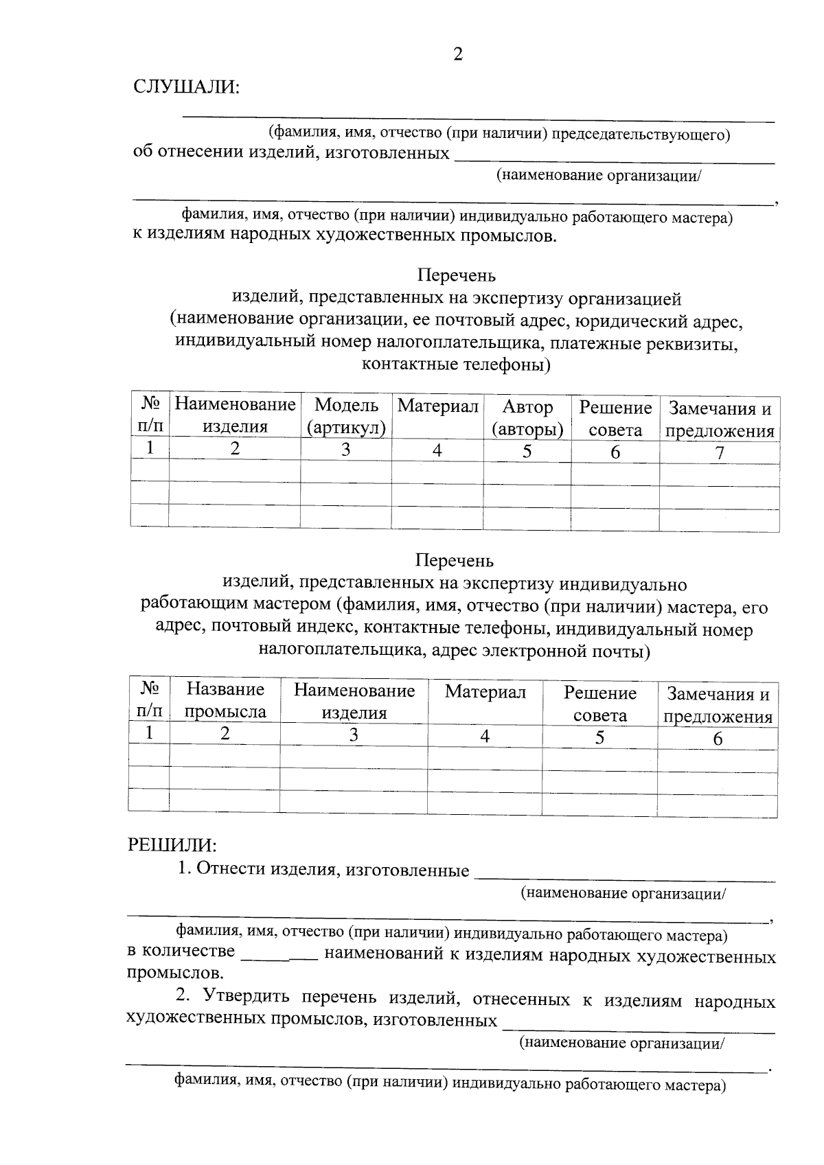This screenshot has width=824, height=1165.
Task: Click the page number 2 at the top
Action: (458, 54)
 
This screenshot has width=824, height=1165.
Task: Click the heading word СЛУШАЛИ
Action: (186, 87)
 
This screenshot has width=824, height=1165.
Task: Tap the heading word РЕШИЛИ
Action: (172, 844)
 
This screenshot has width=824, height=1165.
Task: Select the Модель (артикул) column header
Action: (346, 417)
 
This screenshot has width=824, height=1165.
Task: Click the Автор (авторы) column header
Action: (527, 418)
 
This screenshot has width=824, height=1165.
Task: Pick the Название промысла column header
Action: (225, 700)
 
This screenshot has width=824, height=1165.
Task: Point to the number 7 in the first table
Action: (719, 453)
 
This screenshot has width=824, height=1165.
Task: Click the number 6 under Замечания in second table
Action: (718, 739)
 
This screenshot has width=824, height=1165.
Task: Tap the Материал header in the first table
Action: (437, 406)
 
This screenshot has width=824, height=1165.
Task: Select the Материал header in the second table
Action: (485, 692)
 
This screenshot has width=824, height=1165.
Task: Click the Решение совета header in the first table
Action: (615, 419)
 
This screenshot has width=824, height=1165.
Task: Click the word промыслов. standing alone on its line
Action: (175, 973)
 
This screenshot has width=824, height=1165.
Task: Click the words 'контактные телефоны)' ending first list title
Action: (456, 364)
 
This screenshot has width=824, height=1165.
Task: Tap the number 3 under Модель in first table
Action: (345, 450)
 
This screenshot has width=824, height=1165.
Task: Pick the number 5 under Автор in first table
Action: (527, 451)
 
